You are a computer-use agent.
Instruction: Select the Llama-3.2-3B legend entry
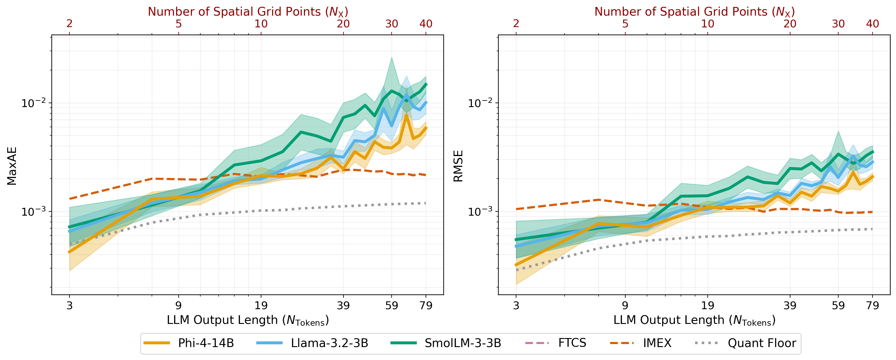pos(329,343)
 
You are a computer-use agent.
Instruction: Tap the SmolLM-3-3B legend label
pos(463,343)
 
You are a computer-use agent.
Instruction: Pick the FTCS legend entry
pos(572,343)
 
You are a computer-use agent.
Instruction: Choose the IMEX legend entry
pos(657,343)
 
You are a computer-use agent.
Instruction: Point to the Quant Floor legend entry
pos(762,343)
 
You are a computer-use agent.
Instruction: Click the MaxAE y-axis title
pos(12,166)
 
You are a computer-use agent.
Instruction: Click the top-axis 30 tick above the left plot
pos(392,24)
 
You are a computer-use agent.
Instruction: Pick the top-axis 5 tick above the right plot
pos(625,24)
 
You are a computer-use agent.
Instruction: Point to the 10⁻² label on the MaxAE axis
pos(33,103)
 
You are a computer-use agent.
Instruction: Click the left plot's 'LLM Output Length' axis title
pos(248,320)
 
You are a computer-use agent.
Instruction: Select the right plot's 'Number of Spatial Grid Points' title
pos(694,12)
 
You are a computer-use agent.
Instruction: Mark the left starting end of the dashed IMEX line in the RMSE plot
pos(516,209)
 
